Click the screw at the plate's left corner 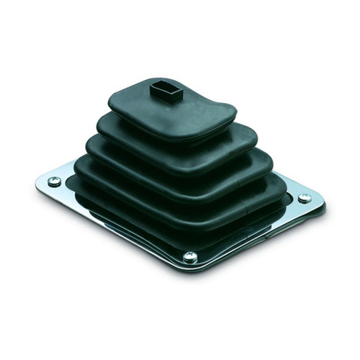pos(55,181)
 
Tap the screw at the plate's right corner pos(305,198)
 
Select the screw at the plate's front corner pos(190,256)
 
